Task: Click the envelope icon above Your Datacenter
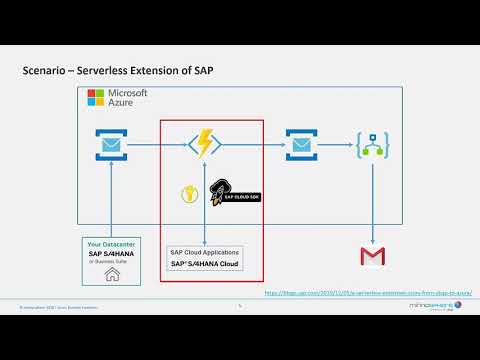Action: [x=109, y=147]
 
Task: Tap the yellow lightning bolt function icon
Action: [x=205, y=145]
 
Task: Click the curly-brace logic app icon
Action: [x=373, y=146]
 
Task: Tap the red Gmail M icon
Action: [x=373, y=257]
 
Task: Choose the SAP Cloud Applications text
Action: [x=204, y=252]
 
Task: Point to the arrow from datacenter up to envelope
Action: [x=109, y=200]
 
